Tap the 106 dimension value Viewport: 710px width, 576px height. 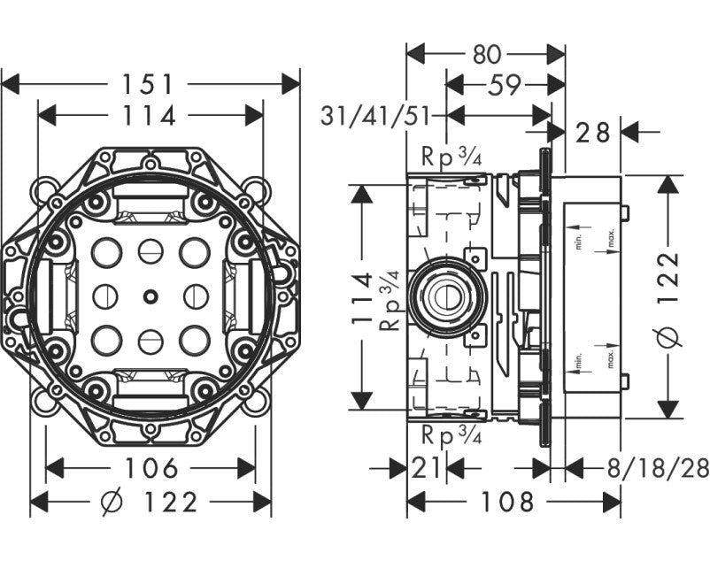[150, 468]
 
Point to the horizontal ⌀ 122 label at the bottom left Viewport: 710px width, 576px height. [150, 503]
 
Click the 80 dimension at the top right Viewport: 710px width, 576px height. [486, 54]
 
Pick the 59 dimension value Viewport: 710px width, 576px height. [505, 84]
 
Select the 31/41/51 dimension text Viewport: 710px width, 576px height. [383, 115]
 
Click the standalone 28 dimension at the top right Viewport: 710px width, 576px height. [593, 133]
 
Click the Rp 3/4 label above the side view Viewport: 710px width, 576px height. [451, 159]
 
